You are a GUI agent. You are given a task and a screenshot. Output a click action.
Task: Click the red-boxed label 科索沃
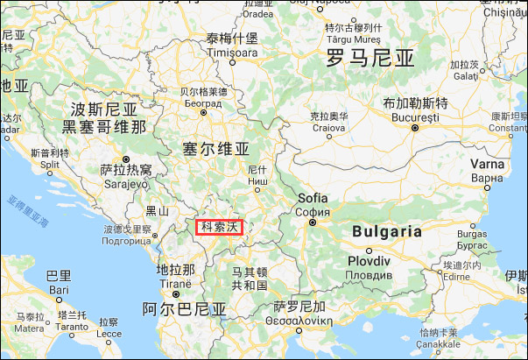pyautogui.click(x=219, y=227)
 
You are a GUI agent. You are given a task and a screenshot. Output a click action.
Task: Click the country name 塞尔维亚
pyautogui.click(x=215, y=148)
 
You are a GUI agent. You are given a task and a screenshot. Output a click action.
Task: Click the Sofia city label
pyautogui.click(x=313, y=199)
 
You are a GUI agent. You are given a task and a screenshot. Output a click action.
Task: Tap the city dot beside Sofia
pyautogui.click(x=311, y=222)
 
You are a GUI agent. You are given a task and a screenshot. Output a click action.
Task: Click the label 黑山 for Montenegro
pyautogui.click(x=158, y=210)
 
